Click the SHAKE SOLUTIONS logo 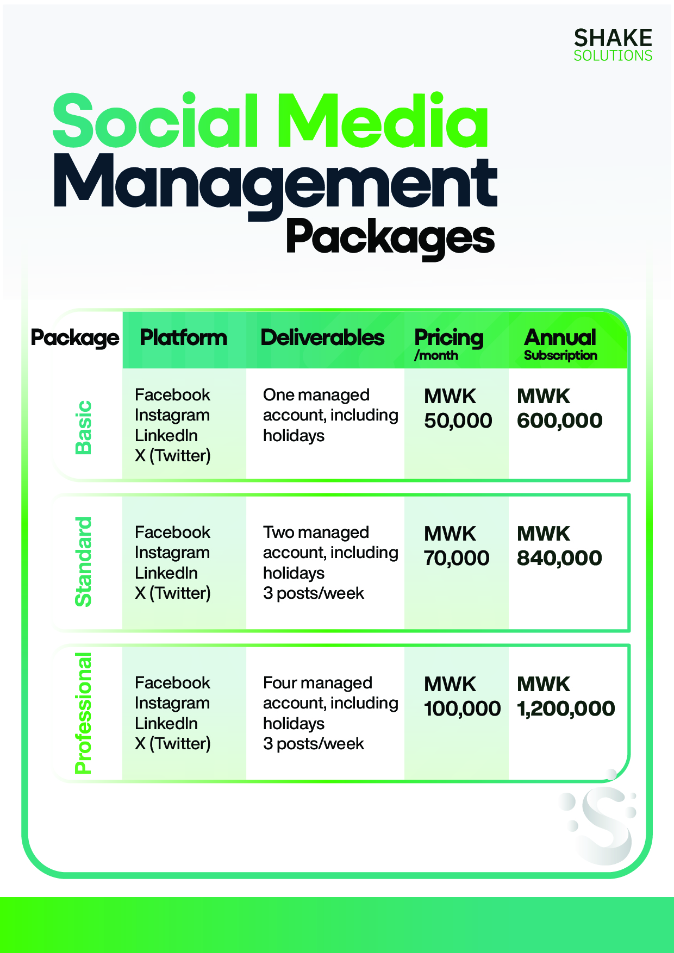pyautogui.click(x=613, y=45)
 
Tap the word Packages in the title pyautogui.click(x=390, y=237)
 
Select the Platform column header pyautogui.click(x=184, y=337)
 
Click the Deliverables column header pyautogui.click(x=322, y=337)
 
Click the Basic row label pyautogui.click(x=84, y=427)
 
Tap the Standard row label pyautogui.click(x=84, y=562)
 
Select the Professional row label pyautogui.click(x=84, y=713)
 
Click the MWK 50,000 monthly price pyautogui.click(x=458, y=409)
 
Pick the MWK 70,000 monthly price pyautogui.click(x=457, y=546)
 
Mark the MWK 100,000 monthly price pyautogui.click(x=462, y=697)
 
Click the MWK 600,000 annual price pyautogui.click(x=560, y=409)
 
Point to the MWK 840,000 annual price pyautogui.click(x=559, y=546)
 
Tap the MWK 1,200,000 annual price pyautogui.click(x=566, y=697)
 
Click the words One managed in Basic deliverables pyautogui.click(x=316, y=395)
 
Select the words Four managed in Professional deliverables pyautogui.click(x=317, y=683)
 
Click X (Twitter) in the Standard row pyautogui.click(x=172, y=593)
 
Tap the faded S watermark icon pyautogui.click(x=599, y=818)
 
